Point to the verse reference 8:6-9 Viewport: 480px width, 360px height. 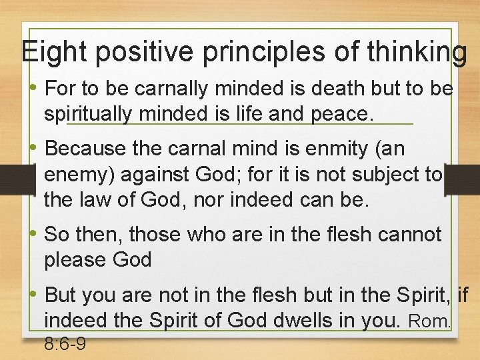click(x=65, y=345)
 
